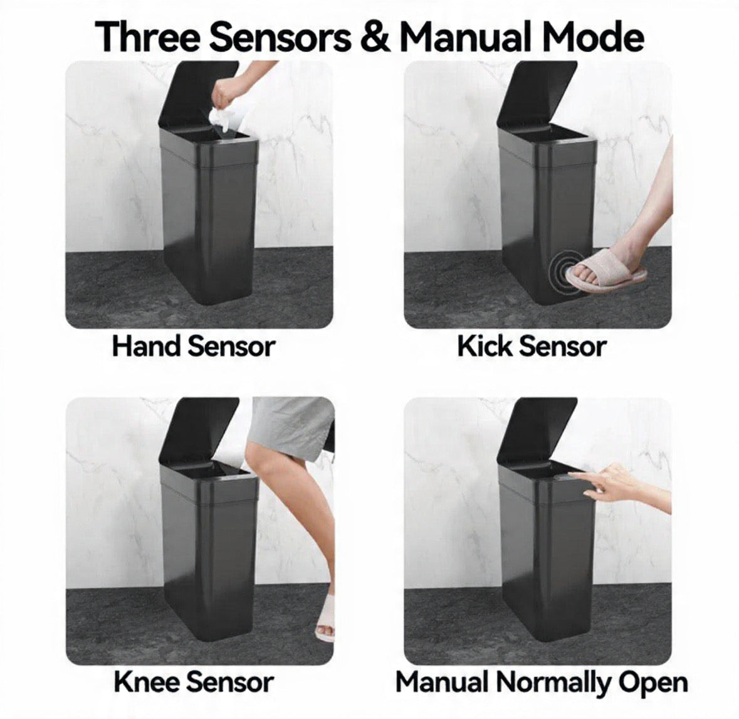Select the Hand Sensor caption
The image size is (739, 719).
click(194, 346)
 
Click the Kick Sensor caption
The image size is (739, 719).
click(532, 346)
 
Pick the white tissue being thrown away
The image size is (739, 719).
click(224, 120)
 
